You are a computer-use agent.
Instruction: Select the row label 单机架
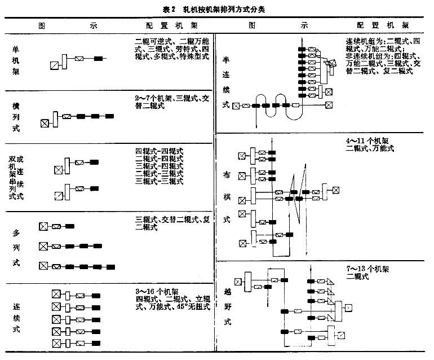pyautogui.click(x=16, y=61)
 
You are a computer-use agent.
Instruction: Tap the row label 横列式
pyautogui.click(x=16, y=117)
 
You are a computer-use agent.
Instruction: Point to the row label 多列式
pyautogui.click(x=16, y=248)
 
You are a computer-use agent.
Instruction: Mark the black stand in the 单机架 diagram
pyautogui.click(x=99, y=59)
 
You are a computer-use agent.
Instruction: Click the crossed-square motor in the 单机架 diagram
pyautogui.click(x=54, y=65)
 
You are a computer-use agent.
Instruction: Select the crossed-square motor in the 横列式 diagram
pyautogui.click(x=45, y=123)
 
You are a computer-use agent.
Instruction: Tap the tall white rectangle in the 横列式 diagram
pyautogui.click(x=55, y=119)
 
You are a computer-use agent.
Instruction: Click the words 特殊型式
pyautogui.click(x=195, y=56)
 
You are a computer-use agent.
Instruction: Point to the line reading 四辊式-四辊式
pyautogui.click(x=160, y=151)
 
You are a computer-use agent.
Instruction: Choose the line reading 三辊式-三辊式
pyautogui.click(x=160, y=181)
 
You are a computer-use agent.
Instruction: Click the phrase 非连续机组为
pyautogui.click(x=369, y=57)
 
